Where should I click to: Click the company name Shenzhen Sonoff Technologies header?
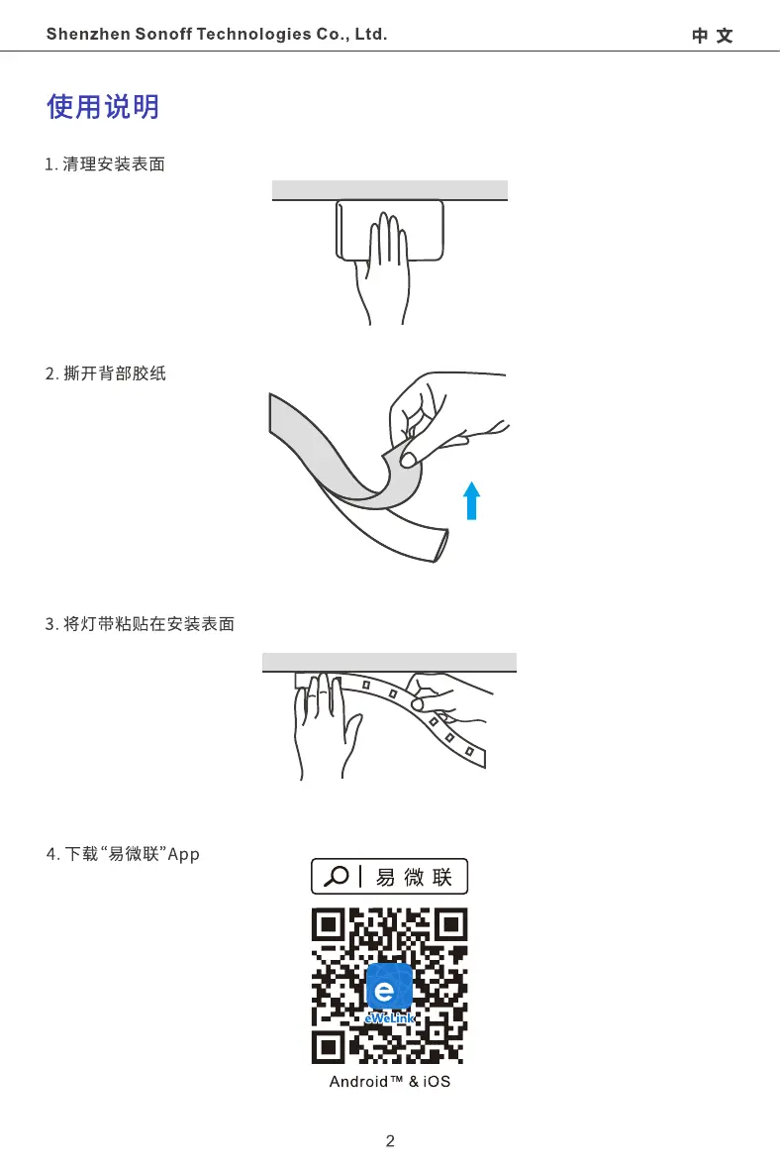[x=217, y=35]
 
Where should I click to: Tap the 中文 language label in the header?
[x=712, y=36]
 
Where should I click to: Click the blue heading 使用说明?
[x=103, y=107]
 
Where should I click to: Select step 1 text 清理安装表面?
[x=105, y=164]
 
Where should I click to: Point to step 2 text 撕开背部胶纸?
[x=106, y=374]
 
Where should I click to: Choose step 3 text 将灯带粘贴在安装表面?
[x=140, y=624]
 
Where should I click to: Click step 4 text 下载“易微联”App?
[x=124, y=854]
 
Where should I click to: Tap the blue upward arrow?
[x=472, y=499]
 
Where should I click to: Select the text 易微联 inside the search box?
[x=414, y=877]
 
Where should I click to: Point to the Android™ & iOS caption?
[x=389, y=1082]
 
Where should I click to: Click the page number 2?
[x=390, y=1141]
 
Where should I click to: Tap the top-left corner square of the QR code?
[x=330, y=925]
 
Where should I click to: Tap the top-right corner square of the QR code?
[x=449, y=925]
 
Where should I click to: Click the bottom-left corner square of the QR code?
[x=330, y=1045]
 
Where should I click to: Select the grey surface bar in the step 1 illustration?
[x=390, y=189]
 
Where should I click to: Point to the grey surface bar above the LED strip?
[x=389, y=662]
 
